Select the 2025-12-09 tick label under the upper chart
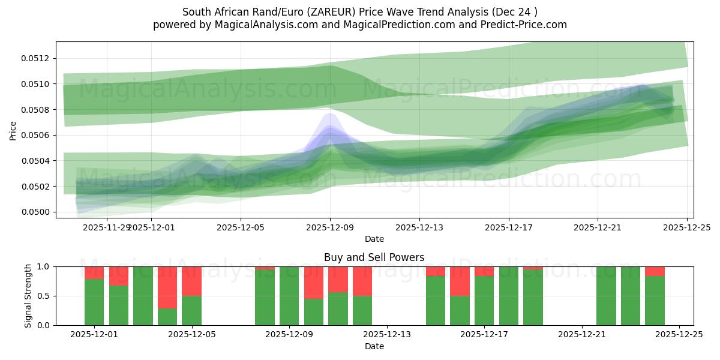click(x=330, y=227)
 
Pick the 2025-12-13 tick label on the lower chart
click(x=386, y=335)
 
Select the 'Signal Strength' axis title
click(x=28, y=296)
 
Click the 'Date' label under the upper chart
click(x=374, y=239)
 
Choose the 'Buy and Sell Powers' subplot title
click(x=374, y=257)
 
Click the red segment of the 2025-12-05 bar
click(x=191, y=281)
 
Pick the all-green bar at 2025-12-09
click(x=289, y=296)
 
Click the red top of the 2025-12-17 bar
click(x=484, y=271)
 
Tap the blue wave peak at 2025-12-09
click(x=330, y=116)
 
